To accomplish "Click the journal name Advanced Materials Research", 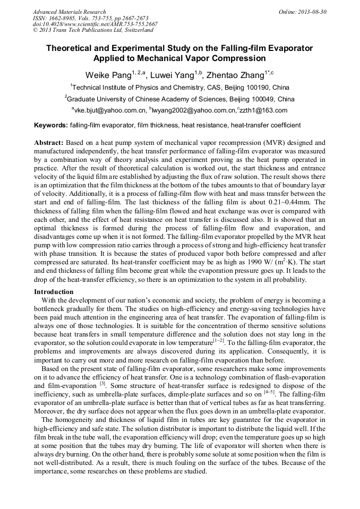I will (69, 12).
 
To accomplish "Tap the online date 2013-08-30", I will (312, 12).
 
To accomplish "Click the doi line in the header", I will (95, 24).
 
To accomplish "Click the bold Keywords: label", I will (51, 126).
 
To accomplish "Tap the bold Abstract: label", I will (49, 143).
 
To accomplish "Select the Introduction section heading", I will (54, 292).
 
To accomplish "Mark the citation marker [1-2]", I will (219, 342).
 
